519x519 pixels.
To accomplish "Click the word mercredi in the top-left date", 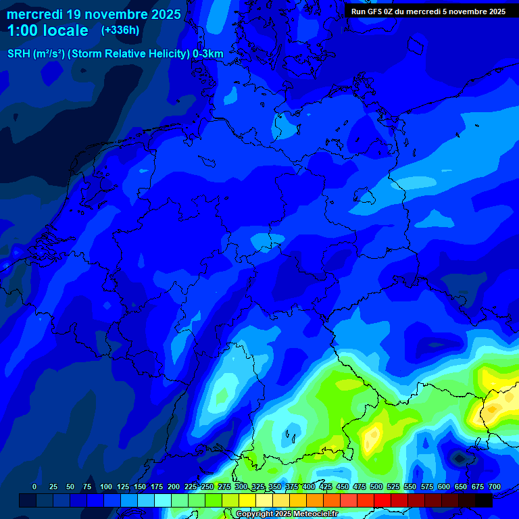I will pos(36,14).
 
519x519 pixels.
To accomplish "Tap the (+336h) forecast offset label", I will pos(120,30).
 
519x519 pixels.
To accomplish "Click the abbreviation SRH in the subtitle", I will pos(20,54).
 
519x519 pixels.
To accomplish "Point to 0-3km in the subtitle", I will pos(208,54).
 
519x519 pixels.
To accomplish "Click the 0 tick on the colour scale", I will pos(34,487).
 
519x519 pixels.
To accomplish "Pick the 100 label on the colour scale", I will pos(106,487).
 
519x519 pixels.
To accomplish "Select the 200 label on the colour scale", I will pos(174,487).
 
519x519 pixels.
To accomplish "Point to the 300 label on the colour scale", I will pos(241,487).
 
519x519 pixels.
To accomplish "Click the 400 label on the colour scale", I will pos(309,487).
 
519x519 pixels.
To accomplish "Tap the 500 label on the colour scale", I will pos(376,487).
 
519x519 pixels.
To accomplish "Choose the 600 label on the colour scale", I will pos(444,487).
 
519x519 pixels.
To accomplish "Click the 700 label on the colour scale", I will pos(495,487).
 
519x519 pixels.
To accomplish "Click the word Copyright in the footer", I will pos(255,514).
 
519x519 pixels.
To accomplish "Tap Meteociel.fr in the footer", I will pos(314,514).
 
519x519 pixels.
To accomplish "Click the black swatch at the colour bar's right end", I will pos(484,501).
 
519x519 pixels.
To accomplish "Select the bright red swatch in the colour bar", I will pos(382,501).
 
